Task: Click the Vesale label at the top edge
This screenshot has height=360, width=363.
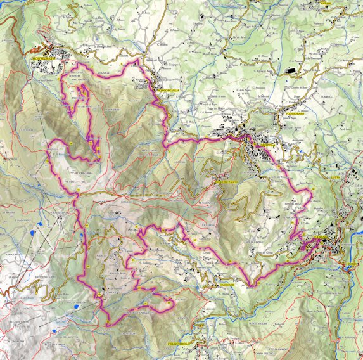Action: tap(326, 3)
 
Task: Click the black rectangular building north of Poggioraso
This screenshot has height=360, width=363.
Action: tap(290, 71)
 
